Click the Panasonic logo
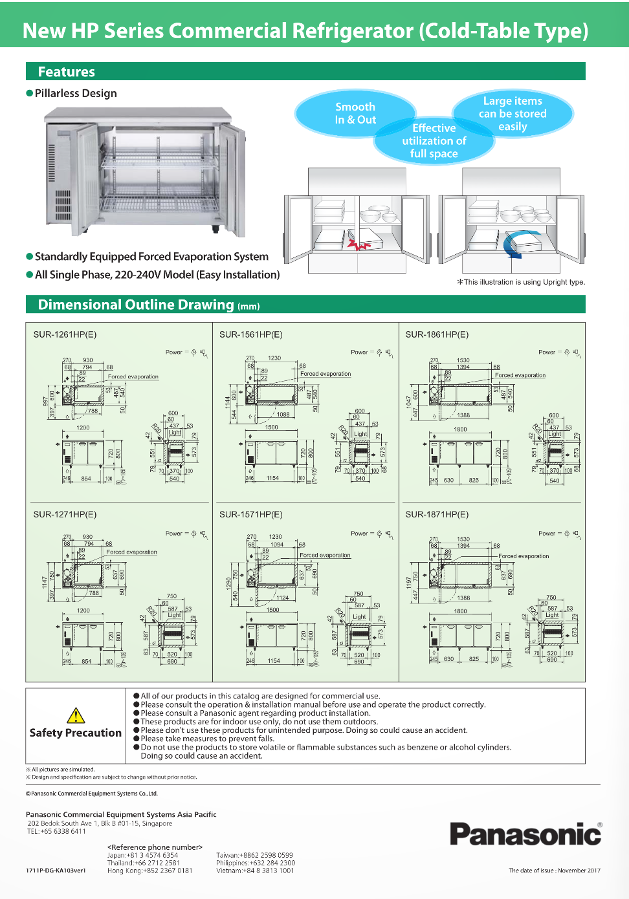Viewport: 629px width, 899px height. point(525,834)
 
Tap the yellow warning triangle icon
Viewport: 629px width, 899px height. point(76,715)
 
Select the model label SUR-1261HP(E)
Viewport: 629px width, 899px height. point(65,334)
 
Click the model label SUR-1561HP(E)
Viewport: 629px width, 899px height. point(251,334)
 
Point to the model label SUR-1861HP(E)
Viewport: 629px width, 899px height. point(437,334)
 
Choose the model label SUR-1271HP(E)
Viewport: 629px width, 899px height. point(65,514)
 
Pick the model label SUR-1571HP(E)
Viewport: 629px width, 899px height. point(251,514)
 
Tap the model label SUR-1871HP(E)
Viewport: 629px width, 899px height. point(437,514)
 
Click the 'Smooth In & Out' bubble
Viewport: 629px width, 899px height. point(355,113)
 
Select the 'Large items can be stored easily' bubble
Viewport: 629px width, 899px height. point(513,113)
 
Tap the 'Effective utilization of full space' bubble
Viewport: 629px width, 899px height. point(434,141)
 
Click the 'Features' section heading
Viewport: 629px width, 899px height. point(66,72)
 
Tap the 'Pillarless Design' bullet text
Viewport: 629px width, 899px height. point(76,93)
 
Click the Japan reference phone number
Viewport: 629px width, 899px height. point(142,855)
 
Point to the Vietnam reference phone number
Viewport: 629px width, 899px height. point(255,871)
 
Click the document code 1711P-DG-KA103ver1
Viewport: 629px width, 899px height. point(56,871)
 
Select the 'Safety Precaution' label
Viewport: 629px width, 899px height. point(75,733)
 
